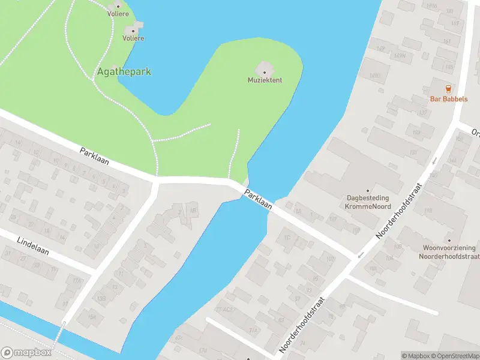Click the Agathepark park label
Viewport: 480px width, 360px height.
point(124,71)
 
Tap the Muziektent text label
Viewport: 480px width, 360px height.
point(265,80)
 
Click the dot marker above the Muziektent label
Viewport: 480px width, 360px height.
point(265,72)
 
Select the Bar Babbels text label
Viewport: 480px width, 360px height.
point(448,99)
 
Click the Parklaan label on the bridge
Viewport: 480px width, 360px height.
point(259,198)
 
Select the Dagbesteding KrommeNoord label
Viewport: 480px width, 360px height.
point(368,201)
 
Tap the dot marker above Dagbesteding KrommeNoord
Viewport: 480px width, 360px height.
point(368,187)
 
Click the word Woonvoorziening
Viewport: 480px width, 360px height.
point(449,248)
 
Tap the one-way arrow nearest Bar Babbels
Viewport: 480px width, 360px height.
point(434,161)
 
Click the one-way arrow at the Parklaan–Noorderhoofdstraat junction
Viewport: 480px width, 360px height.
point(361,256)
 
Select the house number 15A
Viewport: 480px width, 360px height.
point(91,317)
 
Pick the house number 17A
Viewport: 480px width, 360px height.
point(76,280)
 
